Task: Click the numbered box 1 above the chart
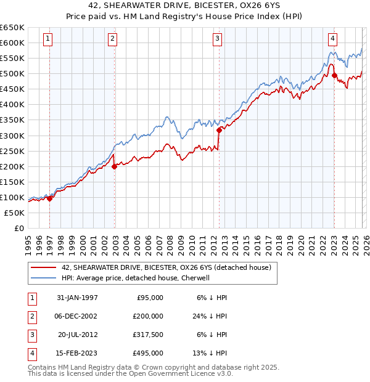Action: coord(48,39)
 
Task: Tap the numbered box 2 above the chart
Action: coord(112,39)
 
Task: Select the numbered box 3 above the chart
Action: coord(218,39)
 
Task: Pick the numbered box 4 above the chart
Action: coord(332,39)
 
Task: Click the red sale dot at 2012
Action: coord(219,130)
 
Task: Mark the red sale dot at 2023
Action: coord(334,75)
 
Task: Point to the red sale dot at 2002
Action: coord(114,166)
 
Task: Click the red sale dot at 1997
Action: coord(50,198)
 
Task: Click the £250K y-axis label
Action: coord(12,151)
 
